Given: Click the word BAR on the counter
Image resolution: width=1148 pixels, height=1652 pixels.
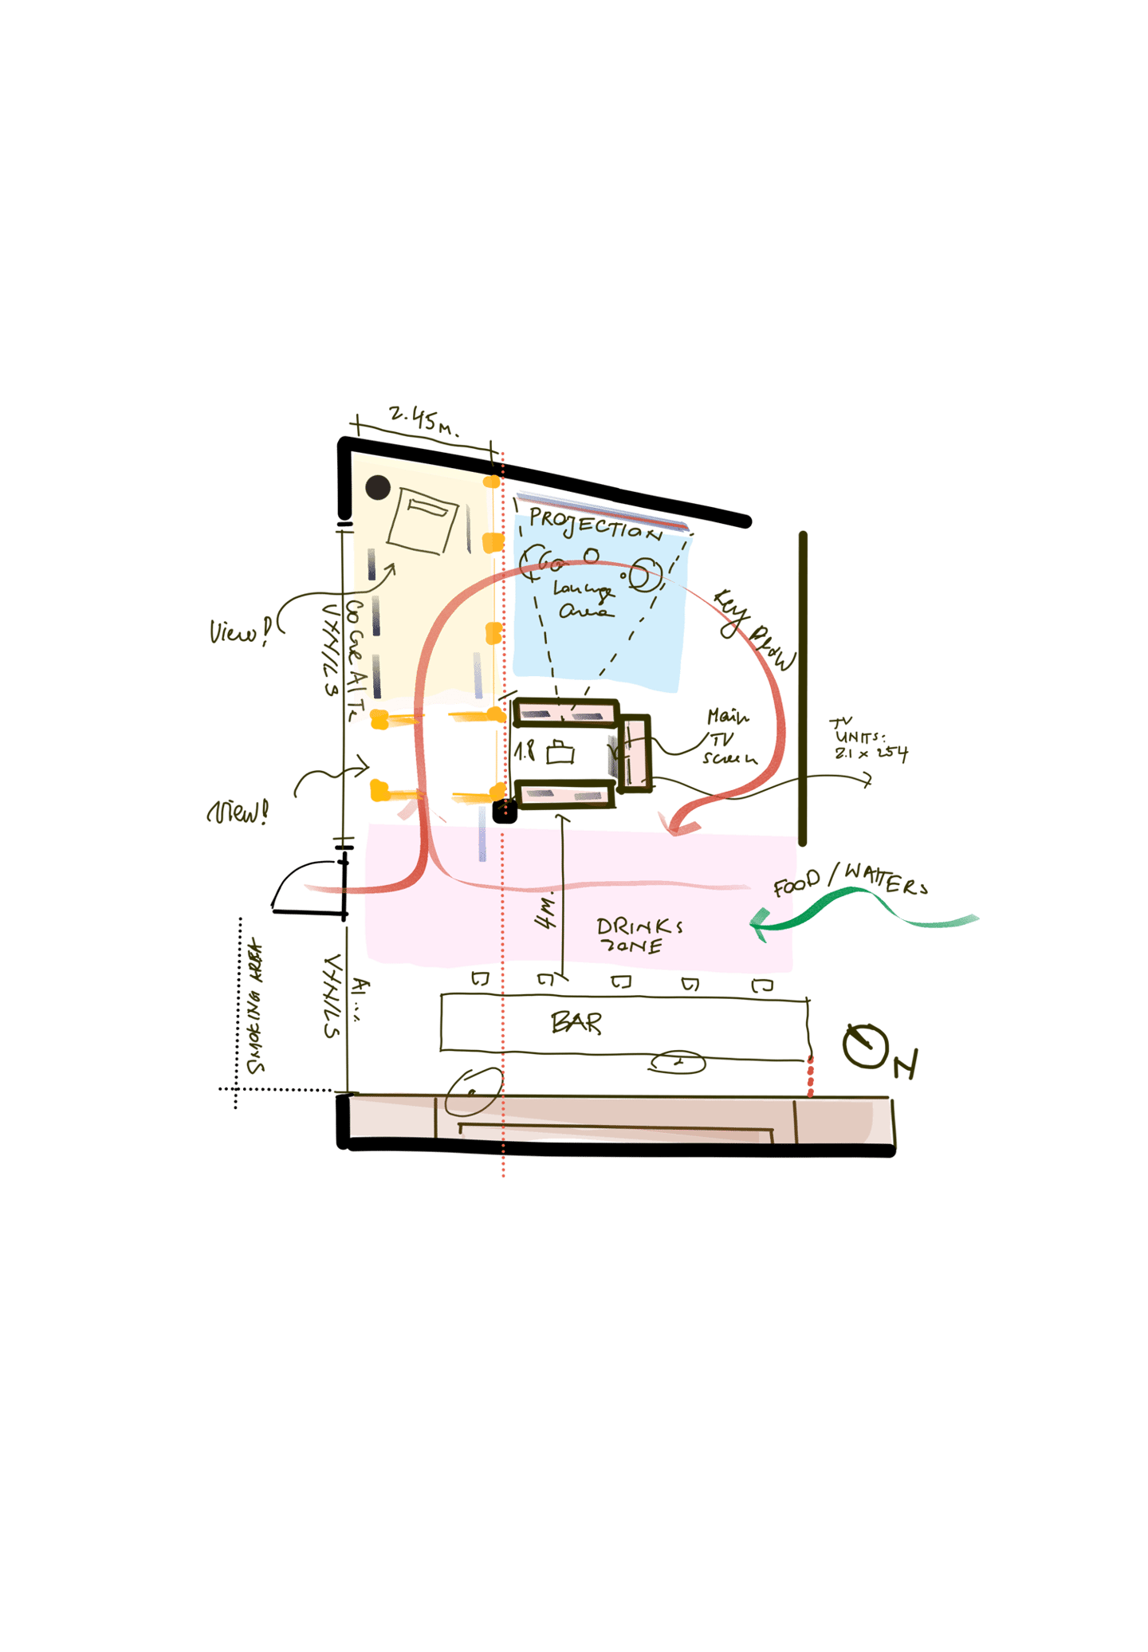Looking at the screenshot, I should coord(576,1022).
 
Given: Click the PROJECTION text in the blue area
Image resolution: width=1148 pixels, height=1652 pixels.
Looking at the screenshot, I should coord(594,524).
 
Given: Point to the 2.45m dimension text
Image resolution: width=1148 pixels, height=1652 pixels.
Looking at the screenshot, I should coord(423,419).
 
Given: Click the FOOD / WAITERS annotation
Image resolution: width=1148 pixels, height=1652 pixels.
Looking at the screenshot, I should coord(850,880).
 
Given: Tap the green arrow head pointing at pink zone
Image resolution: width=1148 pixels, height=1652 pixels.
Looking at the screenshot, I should coord(760,925).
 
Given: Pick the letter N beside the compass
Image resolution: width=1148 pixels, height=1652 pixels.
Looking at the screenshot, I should coord(906,1064).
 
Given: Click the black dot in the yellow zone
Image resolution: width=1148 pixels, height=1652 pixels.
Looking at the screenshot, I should coord(377,487).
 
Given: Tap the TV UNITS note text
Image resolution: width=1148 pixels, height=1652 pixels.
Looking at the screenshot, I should coord(869,741).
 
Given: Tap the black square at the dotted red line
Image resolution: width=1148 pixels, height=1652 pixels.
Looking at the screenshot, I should coord(504,812).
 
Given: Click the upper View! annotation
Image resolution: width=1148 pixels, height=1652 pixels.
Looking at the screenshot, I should coord(239,631).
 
